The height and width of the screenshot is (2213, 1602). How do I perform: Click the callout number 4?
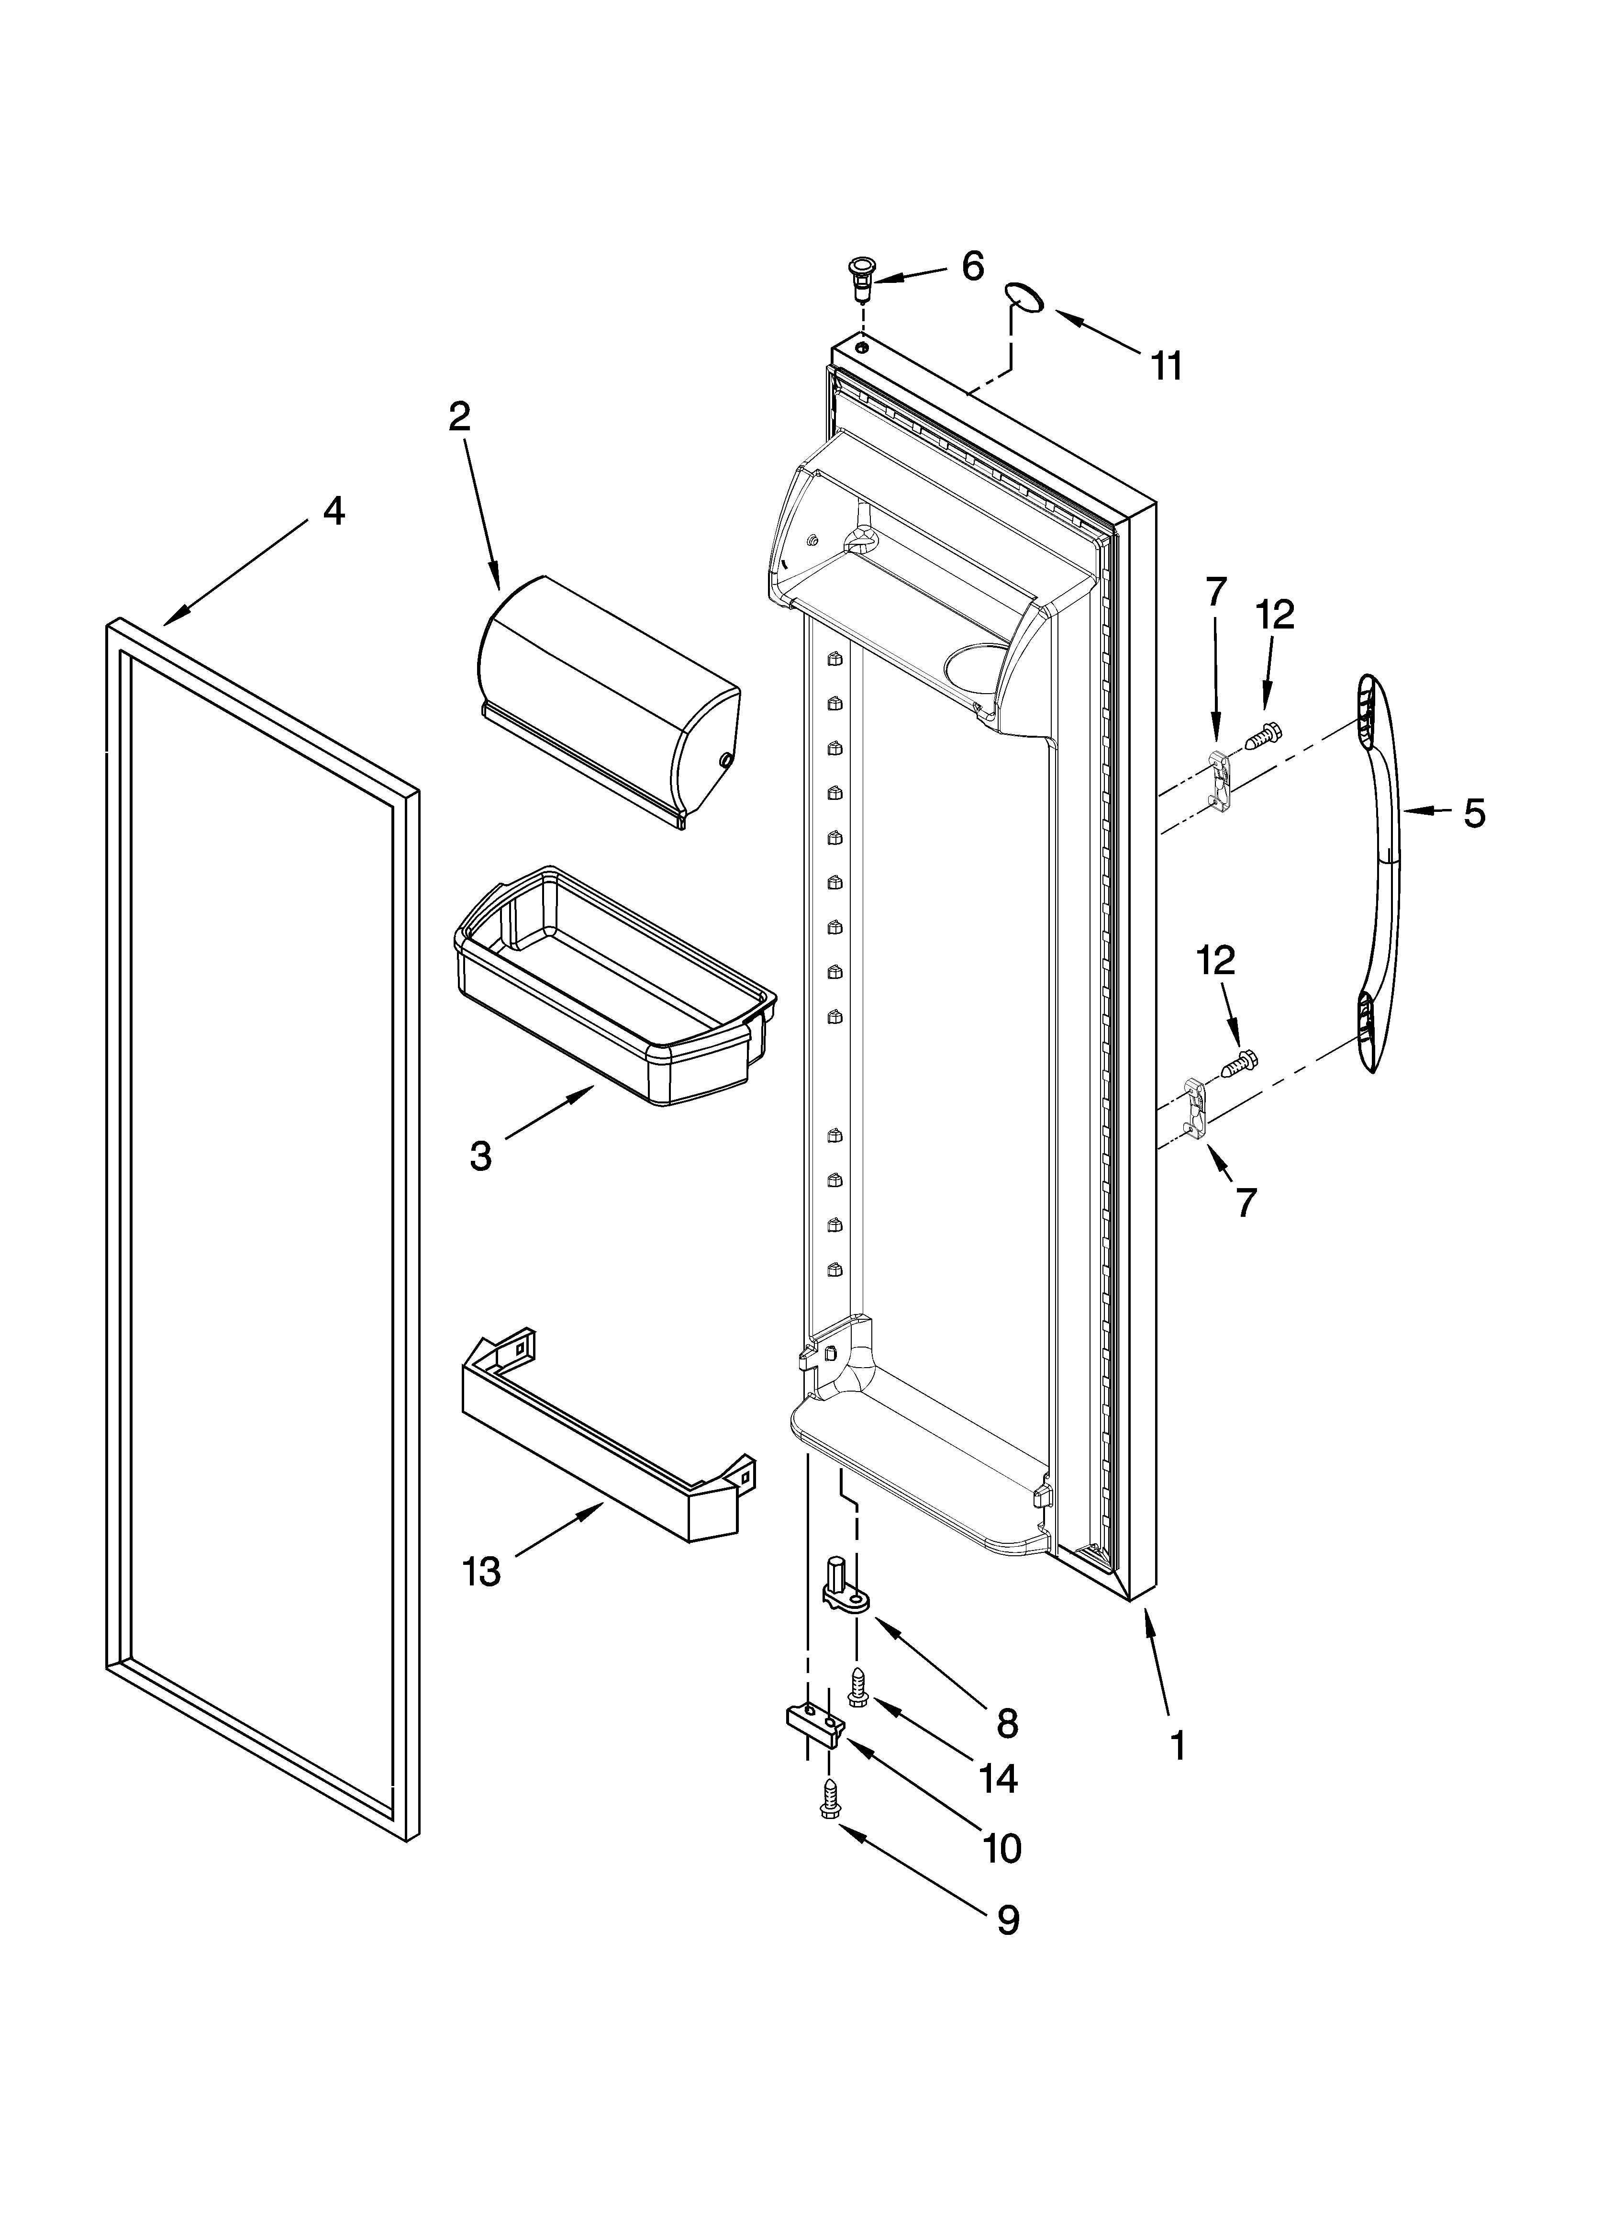tap(334, 511)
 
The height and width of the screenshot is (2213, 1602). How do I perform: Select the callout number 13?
tap(482, 1572)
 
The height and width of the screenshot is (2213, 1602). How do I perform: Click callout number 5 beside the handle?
tap(1474, 812)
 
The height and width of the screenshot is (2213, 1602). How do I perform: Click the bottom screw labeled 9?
tap(829, 1798)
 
